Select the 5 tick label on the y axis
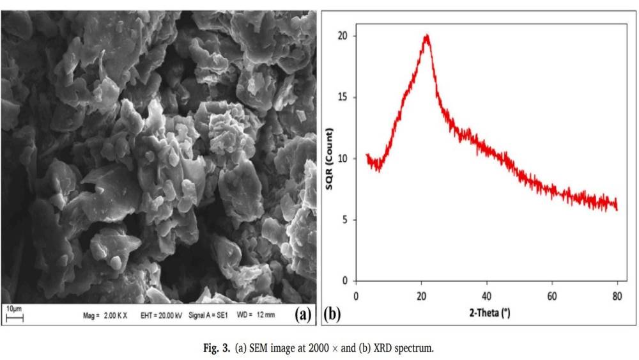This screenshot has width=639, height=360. [344, 220]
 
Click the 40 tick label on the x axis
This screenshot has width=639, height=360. [486, 296]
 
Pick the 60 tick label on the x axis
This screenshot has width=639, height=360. [551, 296]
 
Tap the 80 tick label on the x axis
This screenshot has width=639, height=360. [617, 296]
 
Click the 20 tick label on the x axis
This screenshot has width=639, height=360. [421, 296]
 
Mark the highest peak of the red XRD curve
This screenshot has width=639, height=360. [426, 35]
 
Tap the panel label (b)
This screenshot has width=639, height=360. [333, 315]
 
